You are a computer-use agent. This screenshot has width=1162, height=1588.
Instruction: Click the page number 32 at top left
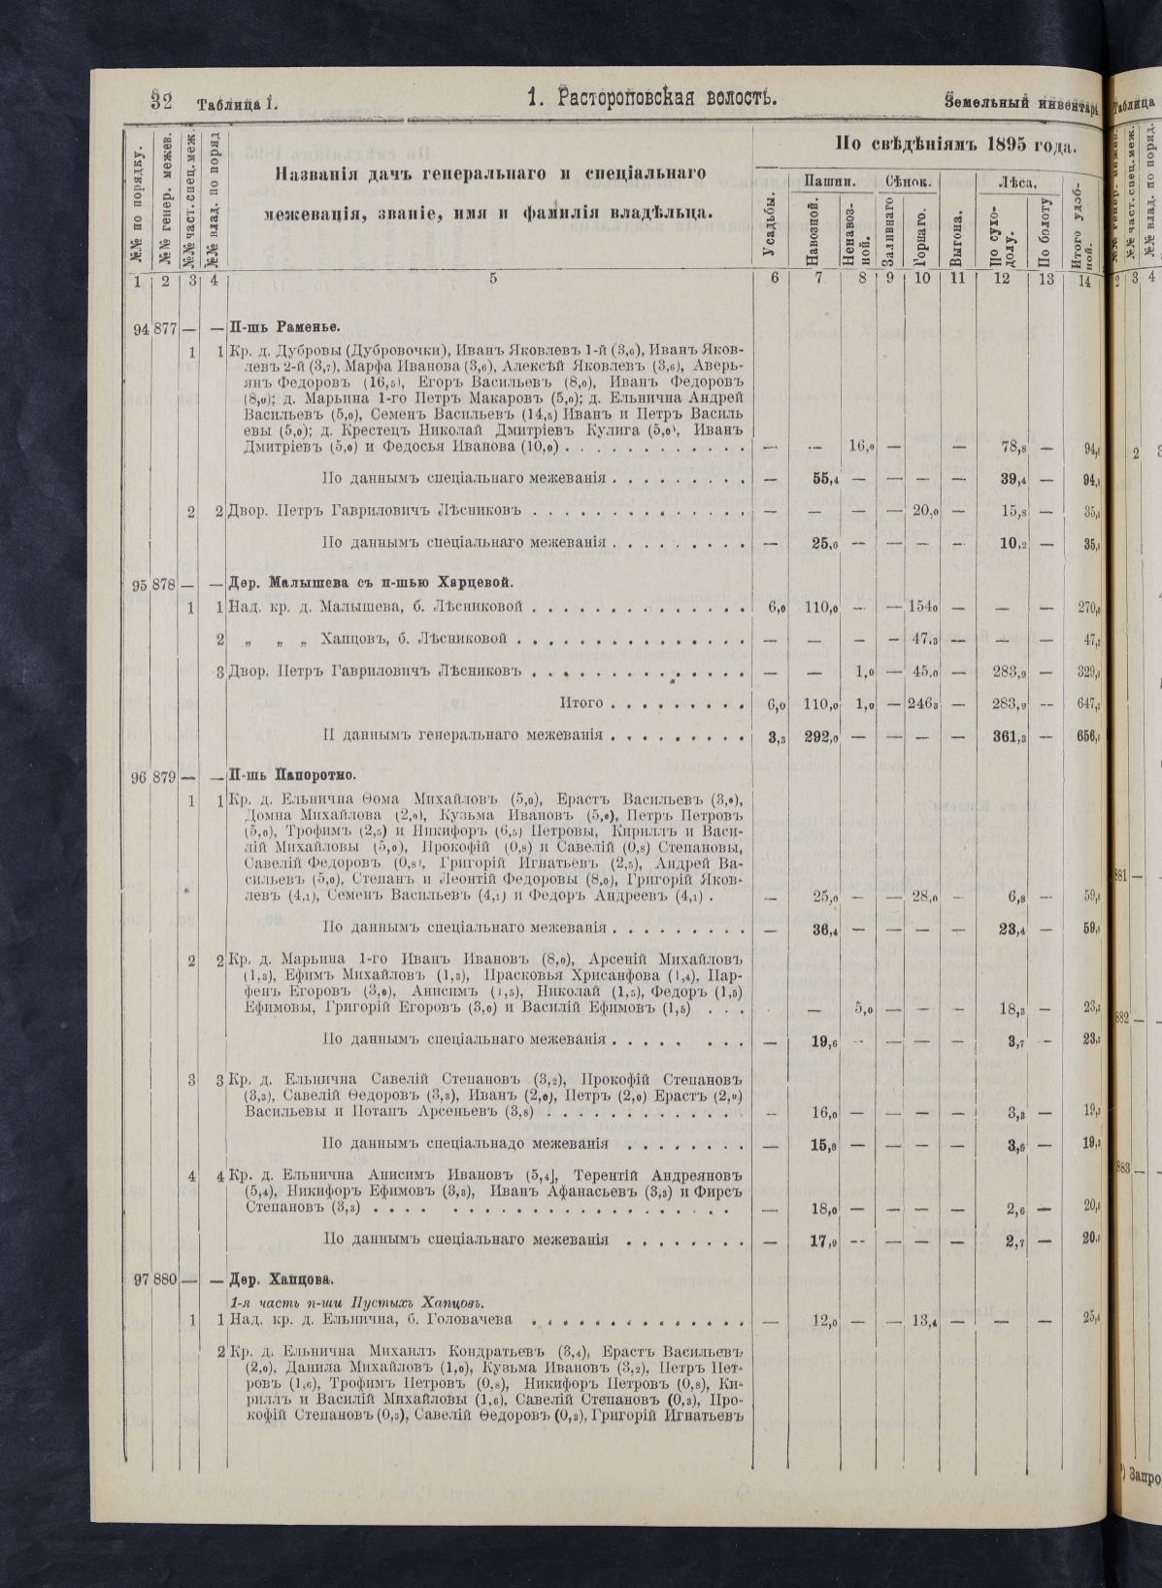[x=161, y=100]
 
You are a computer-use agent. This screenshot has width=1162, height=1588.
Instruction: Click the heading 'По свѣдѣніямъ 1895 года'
[x=955, y=146]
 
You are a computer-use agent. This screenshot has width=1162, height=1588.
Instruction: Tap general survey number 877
[x=164, y=327]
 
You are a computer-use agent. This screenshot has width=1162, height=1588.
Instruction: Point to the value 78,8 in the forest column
[x=1013, y=448]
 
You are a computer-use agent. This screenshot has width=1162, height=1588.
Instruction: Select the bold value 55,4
[x=825, y=478]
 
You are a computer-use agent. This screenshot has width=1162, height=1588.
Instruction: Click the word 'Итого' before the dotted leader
[x=582, y=703]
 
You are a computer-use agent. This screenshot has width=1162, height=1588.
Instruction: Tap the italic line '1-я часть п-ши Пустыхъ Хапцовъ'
[x=355, y=1301]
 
